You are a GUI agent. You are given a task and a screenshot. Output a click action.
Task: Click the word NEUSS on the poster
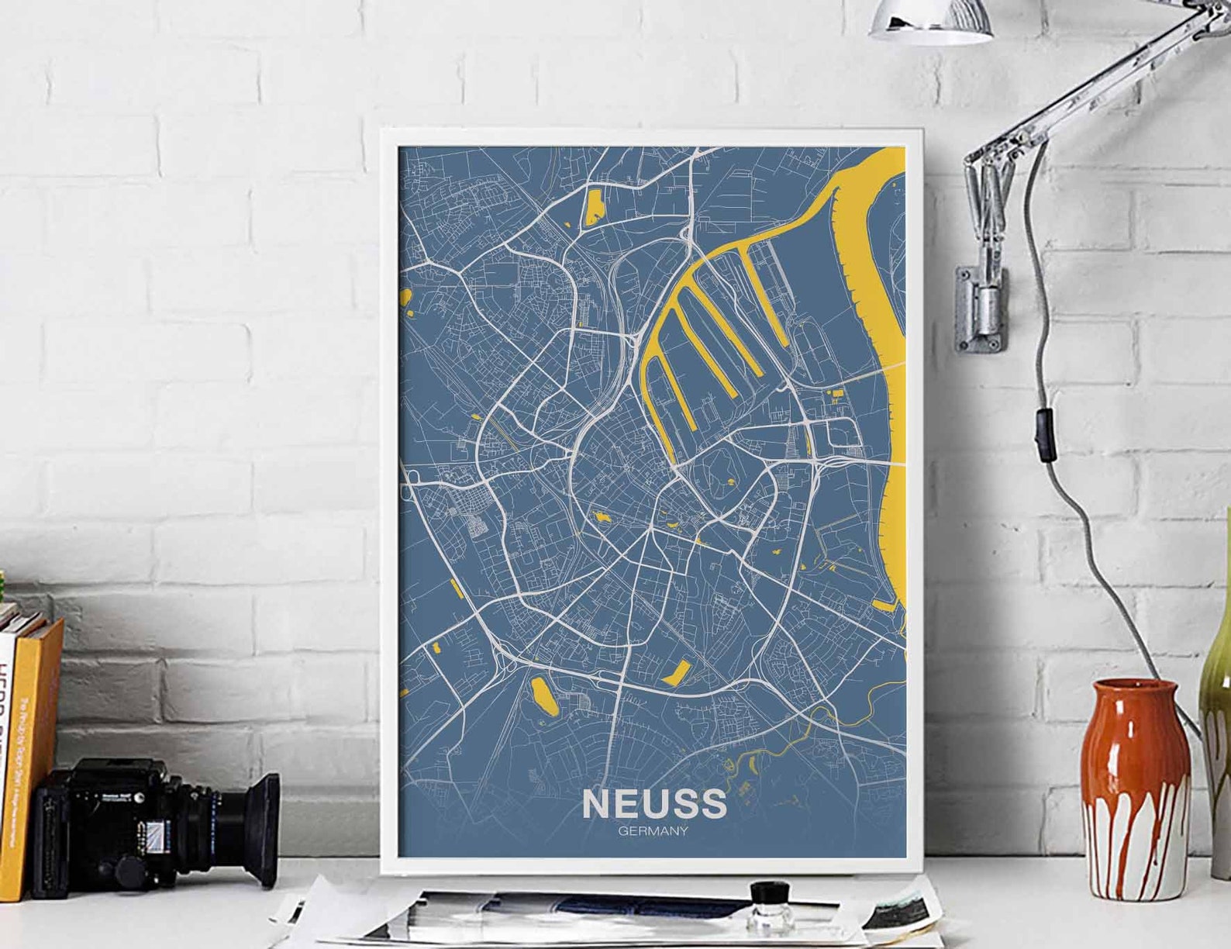coord(654,804)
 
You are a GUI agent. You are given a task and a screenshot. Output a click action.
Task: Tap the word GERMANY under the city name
coord(653,832)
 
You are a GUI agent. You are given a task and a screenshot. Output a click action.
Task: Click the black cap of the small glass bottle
coord(769,892)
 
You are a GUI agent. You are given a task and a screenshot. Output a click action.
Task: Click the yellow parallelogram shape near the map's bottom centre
coord(676,671)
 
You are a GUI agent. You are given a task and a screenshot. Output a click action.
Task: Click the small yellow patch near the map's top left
coord(594,206)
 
